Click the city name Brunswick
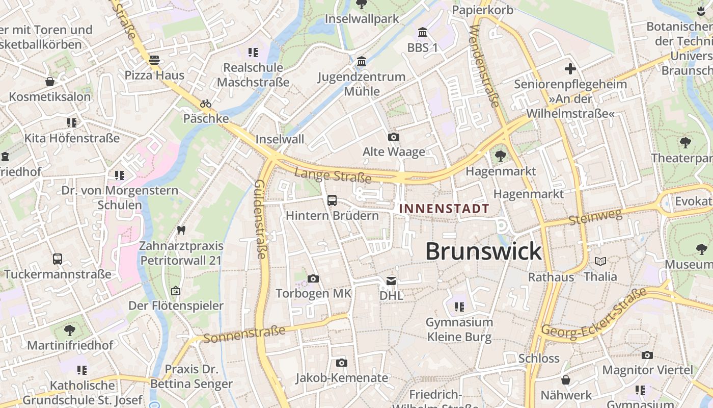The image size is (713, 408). (483, 251)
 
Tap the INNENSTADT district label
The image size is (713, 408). (444, 209)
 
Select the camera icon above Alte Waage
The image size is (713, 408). (393, 137)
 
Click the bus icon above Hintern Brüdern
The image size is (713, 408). (332, 200)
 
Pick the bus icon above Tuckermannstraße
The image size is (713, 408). (58, 259)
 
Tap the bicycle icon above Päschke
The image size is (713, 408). (206, 104)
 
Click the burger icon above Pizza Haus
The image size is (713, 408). (154, 60)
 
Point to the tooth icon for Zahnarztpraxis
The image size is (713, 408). (181, 230)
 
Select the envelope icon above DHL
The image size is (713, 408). (391, 280)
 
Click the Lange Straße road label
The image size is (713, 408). (333, 176)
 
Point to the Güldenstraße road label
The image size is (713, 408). (260, 219)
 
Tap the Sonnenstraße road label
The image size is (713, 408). (244, 335)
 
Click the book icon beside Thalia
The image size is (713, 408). (600, 262)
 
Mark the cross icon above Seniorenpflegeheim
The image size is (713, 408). (570, 68)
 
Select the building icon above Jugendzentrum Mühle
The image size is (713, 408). (362, 62)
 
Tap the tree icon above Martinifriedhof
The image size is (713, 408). (70, 330)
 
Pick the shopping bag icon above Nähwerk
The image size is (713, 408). (565, 380)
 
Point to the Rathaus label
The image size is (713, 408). (551, 277)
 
